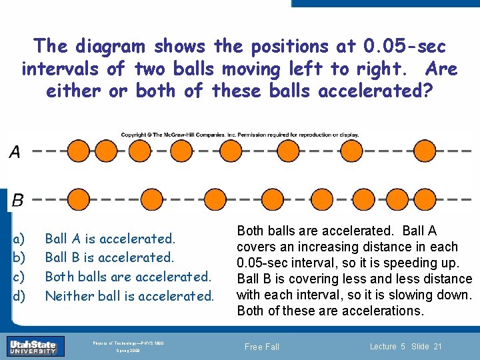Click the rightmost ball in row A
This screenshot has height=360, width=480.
(x=424, y=151)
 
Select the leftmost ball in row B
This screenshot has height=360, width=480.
(x=79, y=199)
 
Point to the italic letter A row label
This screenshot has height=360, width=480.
(x=15, y=153)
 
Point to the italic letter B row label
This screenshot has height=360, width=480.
(x=18, y=199)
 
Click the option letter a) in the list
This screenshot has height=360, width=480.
(x=19, y=239)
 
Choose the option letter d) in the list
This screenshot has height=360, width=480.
(x=19, y=295)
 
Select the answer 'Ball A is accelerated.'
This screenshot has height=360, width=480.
(x=110, y=239)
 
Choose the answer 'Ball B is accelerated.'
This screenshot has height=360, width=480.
(x=109, y=257)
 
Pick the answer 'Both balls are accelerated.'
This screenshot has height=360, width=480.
(x=127, y=276)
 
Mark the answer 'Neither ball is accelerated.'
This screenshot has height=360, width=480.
(x=129, y=295)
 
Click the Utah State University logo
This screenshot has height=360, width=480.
(x=33, y=346)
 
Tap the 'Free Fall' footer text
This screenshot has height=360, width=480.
(x=262, y=347)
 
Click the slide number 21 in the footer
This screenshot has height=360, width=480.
(x=437, y=346)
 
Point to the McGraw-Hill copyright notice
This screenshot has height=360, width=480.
(x=240, y=135)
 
